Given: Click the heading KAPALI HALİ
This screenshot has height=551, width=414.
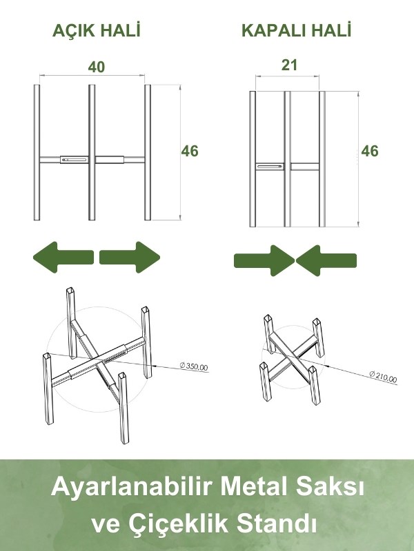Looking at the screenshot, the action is pyautogui.click(x=297, y=30).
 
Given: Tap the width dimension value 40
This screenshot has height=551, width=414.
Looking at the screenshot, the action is pyautogui.click(x=97, y=67).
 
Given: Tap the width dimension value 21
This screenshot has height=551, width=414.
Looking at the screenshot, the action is pyautogui.click(x=289, y=65).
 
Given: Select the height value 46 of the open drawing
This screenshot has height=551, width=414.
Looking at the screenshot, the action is pyautogui.click(x=190, y=151).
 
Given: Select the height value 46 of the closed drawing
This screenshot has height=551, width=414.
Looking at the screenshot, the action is pyautogui.click(x=370, y=151).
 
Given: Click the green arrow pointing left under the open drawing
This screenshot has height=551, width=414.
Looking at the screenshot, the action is pyautogui.click(x=63, y=257).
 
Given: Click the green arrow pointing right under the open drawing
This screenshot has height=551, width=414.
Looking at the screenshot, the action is pyautogui.click(x=130, y=257).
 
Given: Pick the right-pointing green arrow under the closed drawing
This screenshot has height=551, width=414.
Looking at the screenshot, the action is pyautogui.click(x=264, y=260).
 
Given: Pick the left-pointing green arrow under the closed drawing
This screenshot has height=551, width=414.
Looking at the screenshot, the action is pyautogui.click(x=326, y=260).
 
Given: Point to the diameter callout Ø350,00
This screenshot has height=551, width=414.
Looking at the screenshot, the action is pyautogui.click(x=194, y=366).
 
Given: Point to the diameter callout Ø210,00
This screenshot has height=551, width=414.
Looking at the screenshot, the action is pyautogui.click(x=383, y=377).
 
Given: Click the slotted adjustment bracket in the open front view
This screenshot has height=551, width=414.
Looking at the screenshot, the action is pyautogui.click(x=75, y=160).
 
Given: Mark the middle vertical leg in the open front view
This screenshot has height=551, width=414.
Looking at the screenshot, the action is pyautogui.click(x=92, y=152).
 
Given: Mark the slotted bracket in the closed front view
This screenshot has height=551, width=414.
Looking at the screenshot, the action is pyautogui.click(x=270, y=167).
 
